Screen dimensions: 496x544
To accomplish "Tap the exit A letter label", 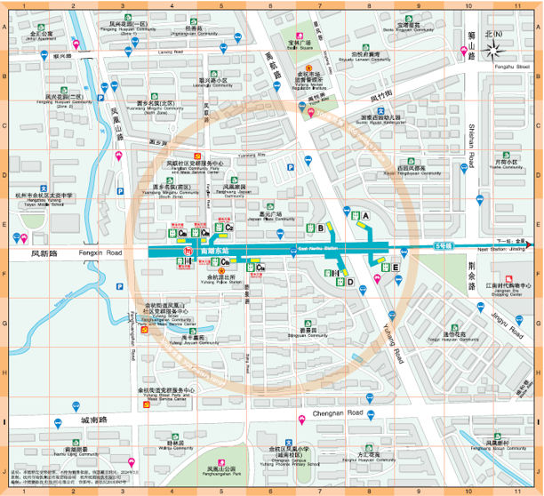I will pyautogui.click(x=365, y=215).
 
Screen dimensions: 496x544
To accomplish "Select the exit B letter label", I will pyautogui.click(x=319, y=228).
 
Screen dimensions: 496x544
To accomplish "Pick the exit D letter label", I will pyautogui.click(x=350, y=282).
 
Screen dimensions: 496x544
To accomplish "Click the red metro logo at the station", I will pyautogui.click(x=188, y=252).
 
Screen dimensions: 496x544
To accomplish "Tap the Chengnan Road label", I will pyautogui.click(x=340, y=414).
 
